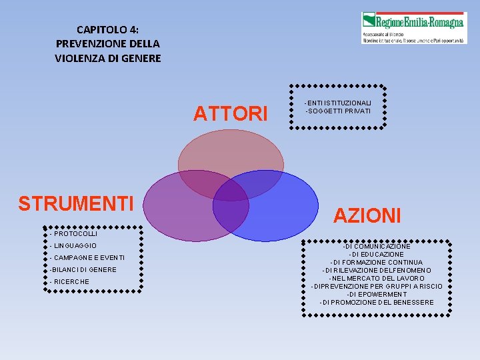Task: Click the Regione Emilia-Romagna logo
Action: click(x=413, y=27)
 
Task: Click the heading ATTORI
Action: click(x=230, y=114)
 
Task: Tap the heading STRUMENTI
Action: click(x=76, y=203)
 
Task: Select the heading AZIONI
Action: click(x=367, y=215)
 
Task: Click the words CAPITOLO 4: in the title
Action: click(x=108, y=29)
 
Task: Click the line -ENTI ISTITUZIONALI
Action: click(x=338, y=102)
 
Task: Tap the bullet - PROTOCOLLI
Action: click(x=73, y=234)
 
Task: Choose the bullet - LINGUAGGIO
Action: click(x=73, y=246)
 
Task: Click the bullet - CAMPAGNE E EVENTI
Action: click(x=87, y=258)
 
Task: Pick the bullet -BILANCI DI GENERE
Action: click(x=83, y=270)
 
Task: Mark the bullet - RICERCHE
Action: click(x=69, y=282)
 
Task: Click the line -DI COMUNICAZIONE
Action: click(x=376, y=247)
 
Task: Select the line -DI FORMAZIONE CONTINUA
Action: click(x=376, y=263)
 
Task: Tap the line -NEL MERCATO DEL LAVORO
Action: click(x=376, y=279)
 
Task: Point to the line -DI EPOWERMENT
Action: click(x=376, y=295)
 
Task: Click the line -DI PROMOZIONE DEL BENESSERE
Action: click(x=376, y=303)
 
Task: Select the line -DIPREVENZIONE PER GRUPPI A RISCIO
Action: click(x=376, y=287)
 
